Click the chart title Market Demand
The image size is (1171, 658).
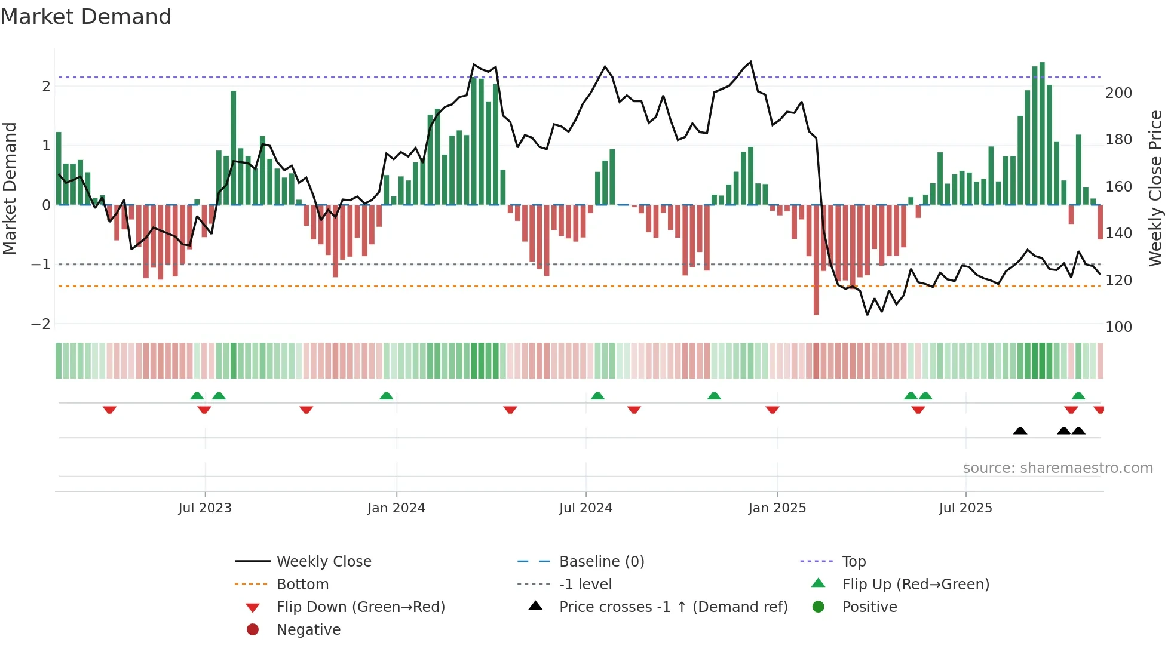86,17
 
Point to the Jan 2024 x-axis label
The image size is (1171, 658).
396,508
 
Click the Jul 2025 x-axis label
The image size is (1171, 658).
965,508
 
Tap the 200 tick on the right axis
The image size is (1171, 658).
1118,93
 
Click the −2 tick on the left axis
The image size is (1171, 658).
41,324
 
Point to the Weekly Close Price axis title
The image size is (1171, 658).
1155,188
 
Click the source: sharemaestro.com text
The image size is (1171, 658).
1057,468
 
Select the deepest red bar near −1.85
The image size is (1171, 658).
816,260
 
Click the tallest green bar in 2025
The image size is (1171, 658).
1042,133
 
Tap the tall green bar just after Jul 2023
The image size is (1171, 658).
233,147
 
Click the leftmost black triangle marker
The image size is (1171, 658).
1020,431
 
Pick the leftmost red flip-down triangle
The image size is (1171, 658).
109,410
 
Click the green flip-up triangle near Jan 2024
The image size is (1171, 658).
386,396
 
